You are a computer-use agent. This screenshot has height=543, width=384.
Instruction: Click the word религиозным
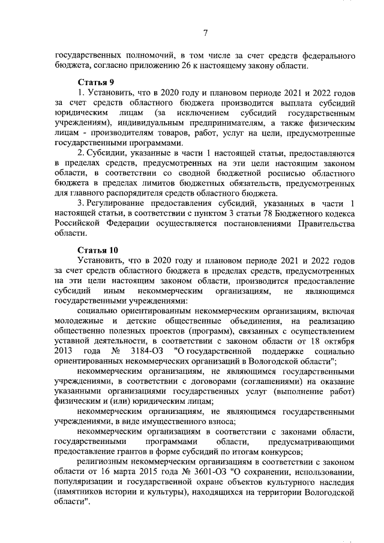click(104, 461)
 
